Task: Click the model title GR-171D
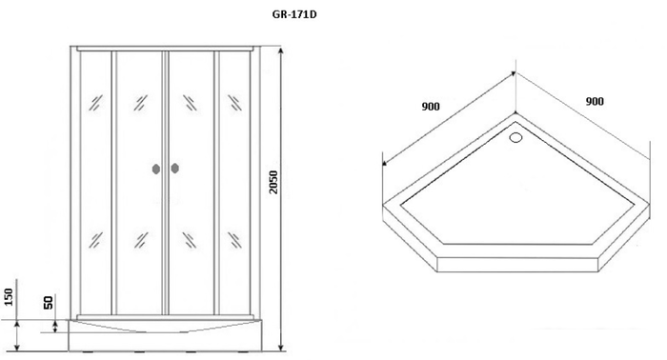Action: pyautogui.click(x=294, y=15)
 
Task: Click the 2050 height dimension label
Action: pyautogui.click(x=273, y=182)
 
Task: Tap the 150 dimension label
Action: pyautogui.click(x=9, y=297)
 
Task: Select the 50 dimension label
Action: pyautogui.click(x=49, y=303)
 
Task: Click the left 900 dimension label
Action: pyautogui.click(x=431, y=107)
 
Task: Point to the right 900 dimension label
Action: pyautogui.click(x=595, y=101)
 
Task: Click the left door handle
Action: pyautogui.click(x=156, y=169)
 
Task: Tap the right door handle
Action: pyautogui.click(x=174, y=169)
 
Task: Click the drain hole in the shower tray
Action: pyautogui.click(x=515, y=137)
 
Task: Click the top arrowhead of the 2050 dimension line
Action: pyautogui.click(x=280, y=50)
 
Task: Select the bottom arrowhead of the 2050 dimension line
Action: pyautogui.click(x=280, y=348)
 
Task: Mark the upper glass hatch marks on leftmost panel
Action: pyautogui.click(x=95, y=103)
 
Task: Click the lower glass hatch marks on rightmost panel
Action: pyautogui.click(x=234, y=240)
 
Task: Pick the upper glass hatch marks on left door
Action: pyautogui.click(x=140, y=103)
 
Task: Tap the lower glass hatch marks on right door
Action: pyautogui.click(x=190, y=240)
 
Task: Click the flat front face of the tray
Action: pyautogui.click(x=517, y=265)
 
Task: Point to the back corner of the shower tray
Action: pyautogui.click(x=515, y=113)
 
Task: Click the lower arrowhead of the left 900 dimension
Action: pyautogui.click(x=384, y=162)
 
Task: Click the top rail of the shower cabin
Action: pyautogui.click(x=165, y=49)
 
